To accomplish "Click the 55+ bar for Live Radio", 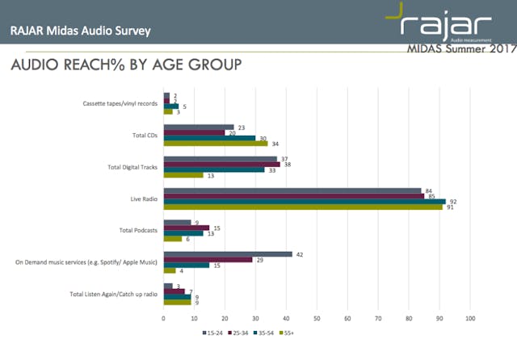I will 303,207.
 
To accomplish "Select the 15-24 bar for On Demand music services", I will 228,253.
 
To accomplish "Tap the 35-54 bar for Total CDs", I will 209,138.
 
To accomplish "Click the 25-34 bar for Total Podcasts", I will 187,228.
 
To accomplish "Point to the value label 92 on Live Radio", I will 452,201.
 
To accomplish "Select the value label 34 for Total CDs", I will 275,144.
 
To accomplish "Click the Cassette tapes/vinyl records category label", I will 121,104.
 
